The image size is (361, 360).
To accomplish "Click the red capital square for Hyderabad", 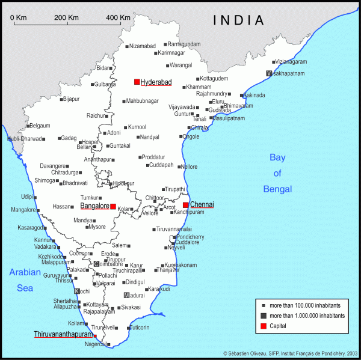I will click(x=137, y=82).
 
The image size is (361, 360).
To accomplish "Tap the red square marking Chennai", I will click(x=186, y=205).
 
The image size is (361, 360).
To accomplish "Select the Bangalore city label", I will click(x=94, y=206).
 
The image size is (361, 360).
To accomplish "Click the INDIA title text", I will click(x=239, y=20).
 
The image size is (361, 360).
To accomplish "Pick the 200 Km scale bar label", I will click(x=66, y=17).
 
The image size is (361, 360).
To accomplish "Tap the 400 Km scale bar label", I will click(x=118, y=17).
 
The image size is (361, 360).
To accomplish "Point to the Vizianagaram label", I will click(x=291, y=62).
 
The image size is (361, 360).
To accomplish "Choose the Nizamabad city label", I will click(x=143, y=46).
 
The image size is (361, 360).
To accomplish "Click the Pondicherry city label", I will click(x=191, y=237).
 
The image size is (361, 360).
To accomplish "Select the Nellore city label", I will click(x=189, y=166).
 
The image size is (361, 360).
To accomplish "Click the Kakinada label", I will click(x=255, y=95).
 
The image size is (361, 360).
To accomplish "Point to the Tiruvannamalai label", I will click(x=174, y=229).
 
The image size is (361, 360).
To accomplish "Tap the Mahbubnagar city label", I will click(x=143, y=101).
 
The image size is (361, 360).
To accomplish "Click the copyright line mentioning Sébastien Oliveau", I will click(x=291, y=353).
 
